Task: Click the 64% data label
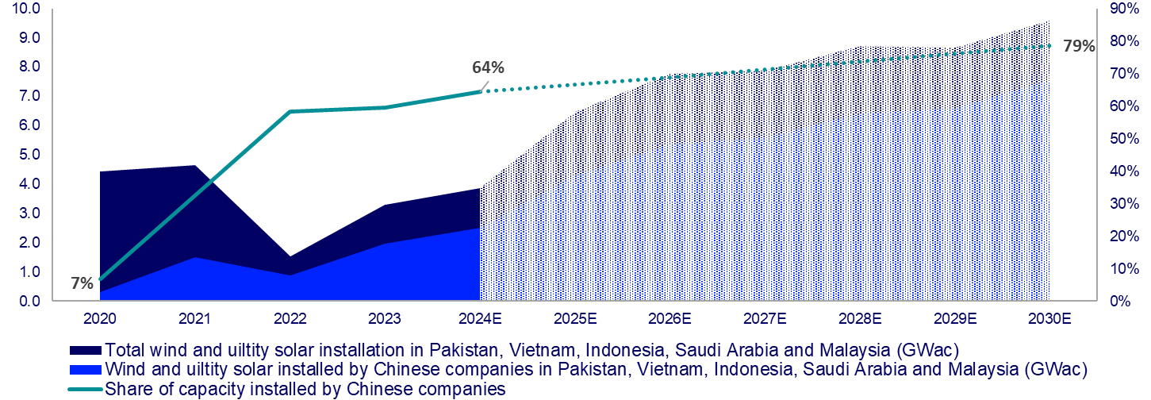pos(487,67)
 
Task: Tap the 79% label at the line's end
pos(1078,46)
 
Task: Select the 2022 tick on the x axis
pos(290,319)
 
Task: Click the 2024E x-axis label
pos(480,319)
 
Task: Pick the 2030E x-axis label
pos(1049,319)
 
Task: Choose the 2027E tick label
pos(765,319)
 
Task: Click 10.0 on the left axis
pos(25,9)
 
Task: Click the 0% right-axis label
pos(1119,302)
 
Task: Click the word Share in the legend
pos(125,389)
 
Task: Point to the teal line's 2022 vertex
pos(290,112)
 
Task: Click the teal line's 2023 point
pos(385,107)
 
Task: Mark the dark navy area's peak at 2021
pos(194,166)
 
